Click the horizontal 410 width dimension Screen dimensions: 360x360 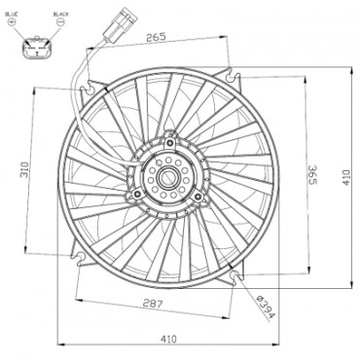click(169, 339)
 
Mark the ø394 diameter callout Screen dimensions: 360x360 click(262, 306)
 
